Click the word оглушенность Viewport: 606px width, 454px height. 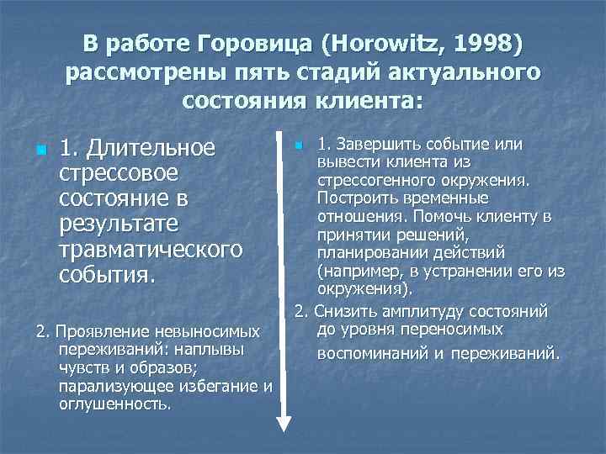(115, 404)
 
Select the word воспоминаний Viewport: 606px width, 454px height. (374, 354)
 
